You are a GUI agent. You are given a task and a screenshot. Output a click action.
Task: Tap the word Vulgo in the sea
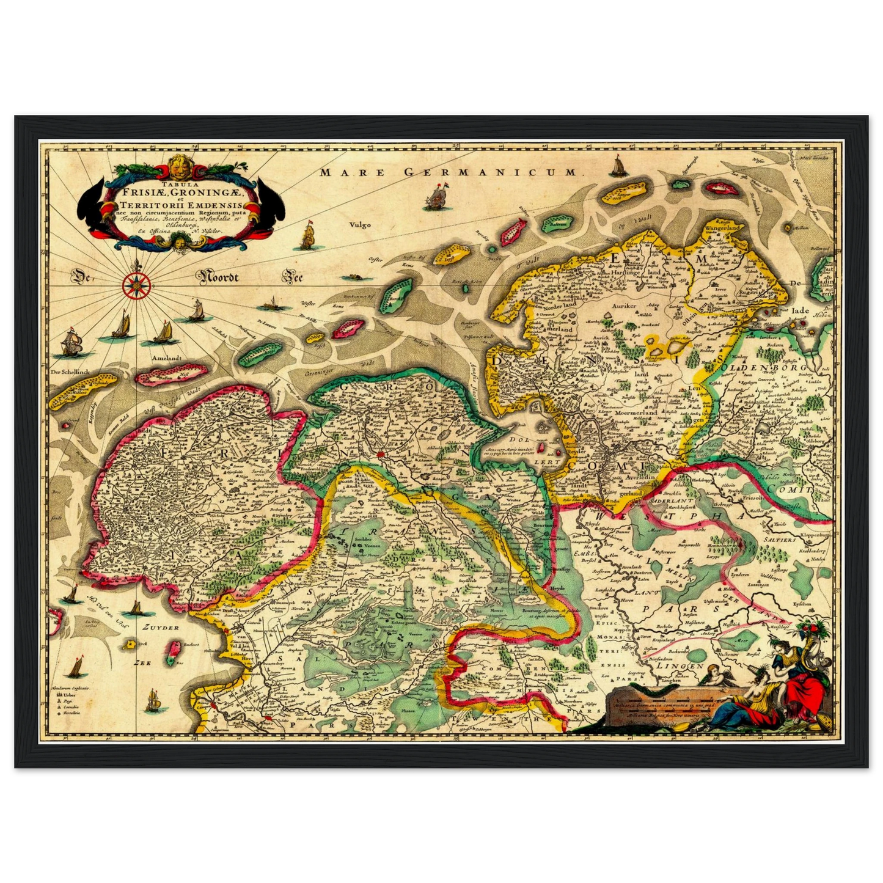click(361, 225)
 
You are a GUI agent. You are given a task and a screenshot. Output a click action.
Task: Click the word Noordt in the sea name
click(218, 278)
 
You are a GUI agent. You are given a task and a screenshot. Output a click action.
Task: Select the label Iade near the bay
click(800, 310)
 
